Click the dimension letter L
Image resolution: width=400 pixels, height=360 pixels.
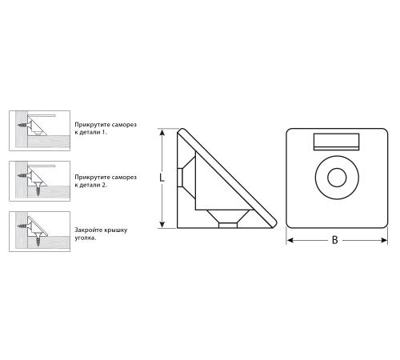[x=162, y=178]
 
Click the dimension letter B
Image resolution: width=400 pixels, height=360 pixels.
[x=335, y=240]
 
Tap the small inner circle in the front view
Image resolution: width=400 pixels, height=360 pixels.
[x=337, y=178]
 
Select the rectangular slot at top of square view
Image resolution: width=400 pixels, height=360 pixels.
[x=336, y=142]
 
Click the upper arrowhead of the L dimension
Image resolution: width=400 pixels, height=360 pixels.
[x=162, y=132]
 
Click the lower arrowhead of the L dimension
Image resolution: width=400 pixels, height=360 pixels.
[x=162, y=225]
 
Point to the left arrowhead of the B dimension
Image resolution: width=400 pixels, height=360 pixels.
[x=290, y=241]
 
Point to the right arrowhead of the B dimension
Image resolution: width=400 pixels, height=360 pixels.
[x=384, y=241]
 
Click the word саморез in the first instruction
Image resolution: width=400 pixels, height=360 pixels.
[x=124, y=125]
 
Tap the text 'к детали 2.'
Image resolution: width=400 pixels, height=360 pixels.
[x=90, y=185]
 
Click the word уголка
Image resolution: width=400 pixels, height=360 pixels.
[x=85, y=238]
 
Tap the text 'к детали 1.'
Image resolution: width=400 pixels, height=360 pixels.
[x=90, y=132]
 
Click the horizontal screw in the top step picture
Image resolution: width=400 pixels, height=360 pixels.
[x=24, y=125]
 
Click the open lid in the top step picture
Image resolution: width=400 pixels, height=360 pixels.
[x=42, y=116]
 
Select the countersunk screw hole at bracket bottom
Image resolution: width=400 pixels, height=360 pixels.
[x=228, y=218]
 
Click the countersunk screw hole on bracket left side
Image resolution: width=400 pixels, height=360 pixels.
[x=186, y=178]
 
